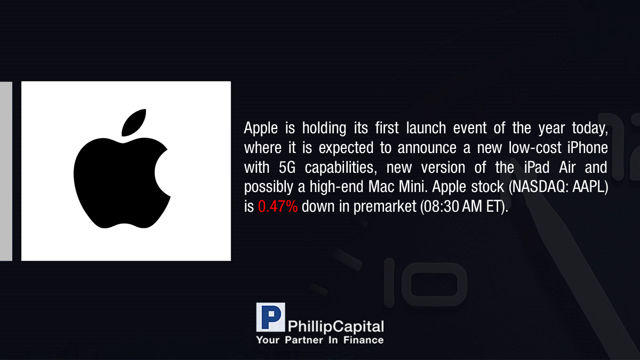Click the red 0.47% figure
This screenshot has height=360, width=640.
pyautogui.click(x=278, y=206)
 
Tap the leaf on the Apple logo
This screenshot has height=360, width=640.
pyautogui.click(x=134, y=123)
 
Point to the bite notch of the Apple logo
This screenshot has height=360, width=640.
pyautogui.click(x=163, y=173)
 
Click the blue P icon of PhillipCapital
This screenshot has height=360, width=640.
pyautogui.click(x=270, y=317)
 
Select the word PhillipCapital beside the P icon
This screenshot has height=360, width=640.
pyautogui.click(x=335, y=326)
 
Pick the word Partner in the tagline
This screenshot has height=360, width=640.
pyautogui.click(x=303, y=340)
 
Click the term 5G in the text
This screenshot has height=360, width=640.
pyautogui.click(x=287, y=167)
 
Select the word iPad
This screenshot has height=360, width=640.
pyautogui.click(x=537, y=167)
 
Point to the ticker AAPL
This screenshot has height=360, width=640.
pyautogui.click(x=589, y=187)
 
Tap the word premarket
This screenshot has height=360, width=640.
pyautogui.click(x=385, y=207)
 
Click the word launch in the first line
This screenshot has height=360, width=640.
pyautogui.click(x=426, y=128)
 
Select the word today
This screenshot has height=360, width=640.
pyautogui.click(x=590, y=129)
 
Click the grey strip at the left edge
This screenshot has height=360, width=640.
pyautogui.click(x=6, y=171)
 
